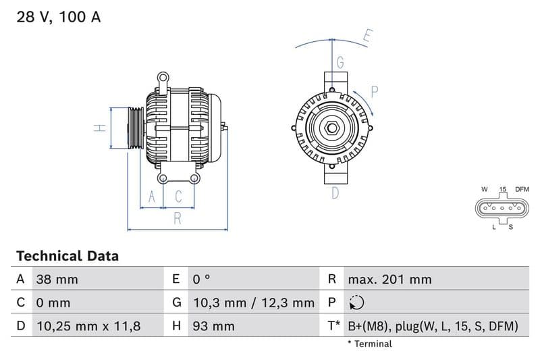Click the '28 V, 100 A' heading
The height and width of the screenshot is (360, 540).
coord(59,18)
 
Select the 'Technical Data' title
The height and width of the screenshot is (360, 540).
coord(67,256)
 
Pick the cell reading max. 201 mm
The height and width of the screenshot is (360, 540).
coord(389,280)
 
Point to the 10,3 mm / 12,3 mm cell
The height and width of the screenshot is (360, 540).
coord(253,303)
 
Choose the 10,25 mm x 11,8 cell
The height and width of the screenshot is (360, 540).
coord(88,326)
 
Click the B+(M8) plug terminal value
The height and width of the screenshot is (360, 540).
coord(433,326)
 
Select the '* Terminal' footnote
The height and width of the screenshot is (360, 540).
coord(369,344)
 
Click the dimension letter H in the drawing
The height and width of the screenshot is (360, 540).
coord(99,127)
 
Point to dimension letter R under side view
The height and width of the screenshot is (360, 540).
coord(178,217)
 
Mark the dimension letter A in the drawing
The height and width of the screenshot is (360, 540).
coord(152,197)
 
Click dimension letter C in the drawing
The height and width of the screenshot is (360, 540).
coord(179,197)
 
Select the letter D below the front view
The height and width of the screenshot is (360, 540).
coord(335,193)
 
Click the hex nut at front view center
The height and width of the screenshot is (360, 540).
coord(332,128)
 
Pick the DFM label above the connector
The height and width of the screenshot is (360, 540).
coord(522,190)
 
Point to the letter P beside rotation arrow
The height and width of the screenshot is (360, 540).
coord(375,91)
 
